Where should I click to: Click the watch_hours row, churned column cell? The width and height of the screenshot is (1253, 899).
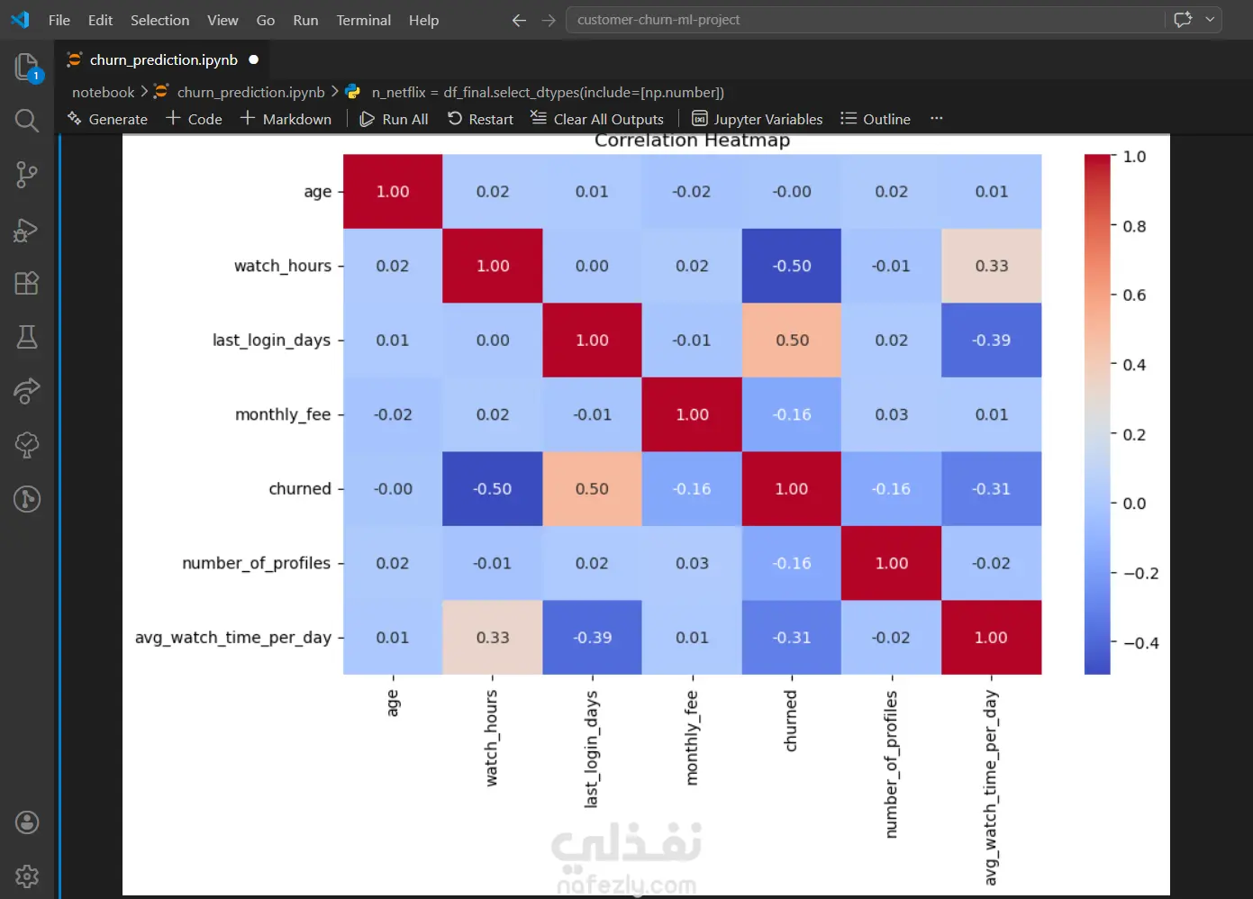[792, 266]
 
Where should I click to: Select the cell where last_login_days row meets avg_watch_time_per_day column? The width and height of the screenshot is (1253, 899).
[991, 341]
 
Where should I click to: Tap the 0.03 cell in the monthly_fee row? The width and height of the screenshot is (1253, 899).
[891, 414]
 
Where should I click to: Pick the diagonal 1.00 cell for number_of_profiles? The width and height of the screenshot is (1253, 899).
[891, 563]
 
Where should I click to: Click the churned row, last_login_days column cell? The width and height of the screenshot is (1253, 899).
[592, 488]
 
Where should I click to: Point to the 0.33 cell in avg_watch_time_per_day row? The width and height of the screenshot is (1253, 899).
[492, 637]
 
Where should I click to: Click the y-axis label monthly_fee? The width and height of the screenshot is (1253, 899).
[283, 414]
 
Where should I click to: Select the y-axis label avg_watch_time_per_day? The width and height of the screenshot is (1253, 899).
[232, 638]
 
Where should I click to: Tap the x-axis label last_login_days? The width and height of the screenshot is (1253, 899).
[591, 749]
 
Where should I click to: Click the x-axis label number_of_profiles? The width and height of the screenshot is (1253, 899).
[891, 764]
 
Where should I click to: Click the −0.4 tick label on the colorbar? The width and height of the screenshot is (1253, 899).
[1141, 643]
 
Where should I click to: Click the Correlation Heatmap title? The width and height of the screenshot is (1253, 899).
[692, 141]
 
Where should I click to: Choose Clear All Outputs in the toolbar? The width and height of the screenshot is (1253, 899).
[597, 119]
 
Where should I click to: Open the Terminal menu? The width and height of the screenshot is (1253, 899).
[363, 20]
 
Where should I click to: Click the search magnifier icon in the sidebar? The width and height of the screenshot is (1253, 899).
[26, 121]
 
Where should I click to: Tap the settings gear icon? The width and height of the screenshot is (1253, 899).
[26, 876]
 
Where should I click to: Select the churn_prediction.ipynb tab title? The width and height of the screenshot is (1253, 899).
[163, 59]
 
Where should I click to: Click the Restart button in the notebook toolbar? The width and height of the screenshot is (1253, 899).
[480, 119]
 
